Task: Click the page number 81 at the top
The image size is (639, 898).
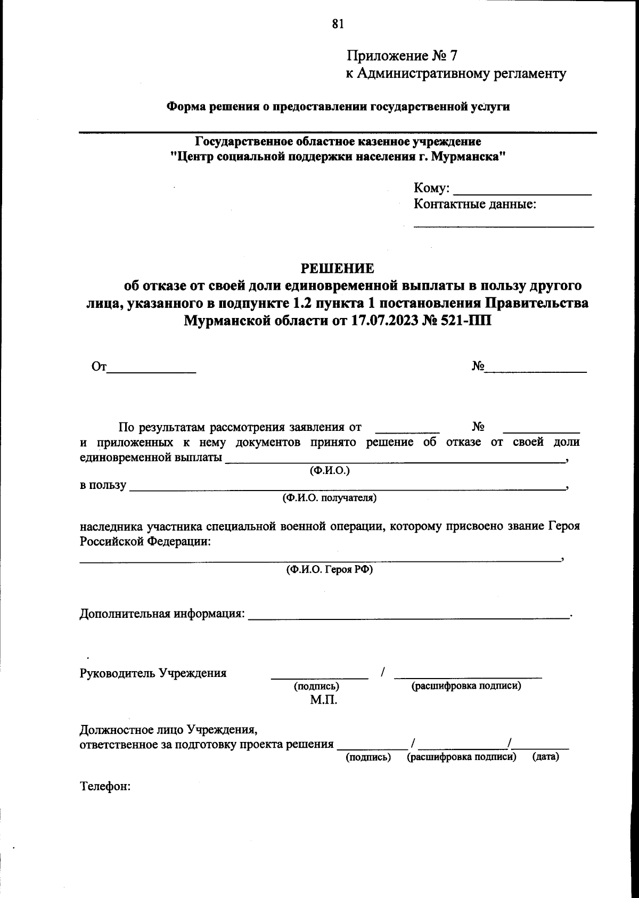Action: tap(338, 23)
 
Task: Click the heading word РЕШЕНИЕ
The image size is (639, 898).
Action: tap(338, 268)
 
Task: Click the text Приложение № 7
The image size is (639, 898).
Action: tap(402, 56)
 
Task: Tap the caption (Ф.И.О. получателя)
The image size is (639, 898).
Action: tap(329, 499)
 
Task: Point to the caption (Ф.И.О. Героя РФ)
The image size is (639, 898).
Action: tap(329, 569)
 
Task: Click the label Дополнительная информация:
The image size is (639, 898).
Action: tap(162, 614)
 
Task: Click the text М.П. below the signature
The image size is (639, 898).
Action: tap(323, 700)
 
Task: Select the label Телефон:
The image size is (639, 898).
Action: tap(105, 787)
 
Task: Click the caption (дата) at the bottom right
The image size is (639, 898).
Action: tap(545, 757)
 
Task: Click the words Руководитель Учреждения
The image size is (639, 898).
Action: tap(153, 673)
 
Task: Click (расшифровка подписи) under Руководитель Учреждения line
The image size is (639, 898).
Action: tap(465, 686)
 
